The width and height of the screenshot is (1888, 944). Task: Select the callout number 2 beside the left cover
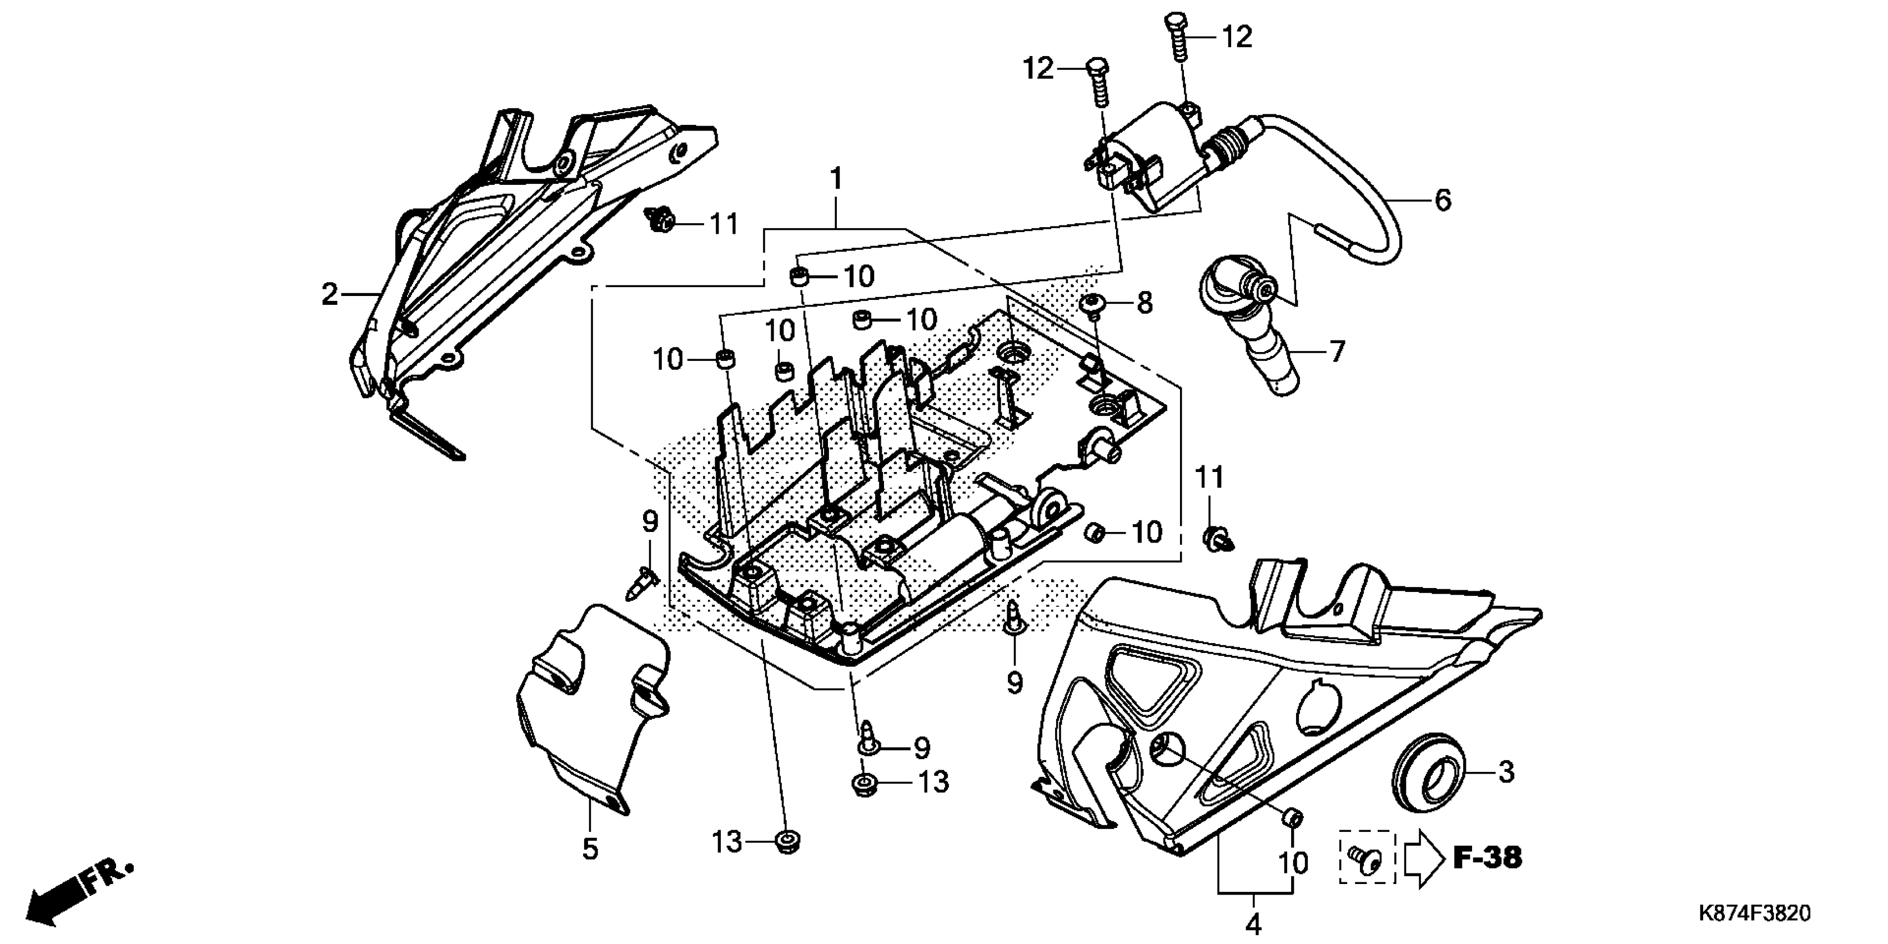330,295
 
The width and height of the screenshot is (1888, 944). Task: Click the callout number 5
590,848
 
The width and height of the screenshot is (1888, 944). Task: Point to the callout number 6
1443,200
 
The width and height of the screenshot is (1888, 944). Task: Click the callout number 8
1144,303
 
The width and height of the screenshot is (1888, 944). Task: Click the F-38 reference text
1487,857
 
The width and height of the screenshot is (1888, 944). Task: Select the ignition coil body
1143,161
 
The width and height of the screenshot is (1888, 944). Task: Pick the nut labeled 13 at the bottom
788,843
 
